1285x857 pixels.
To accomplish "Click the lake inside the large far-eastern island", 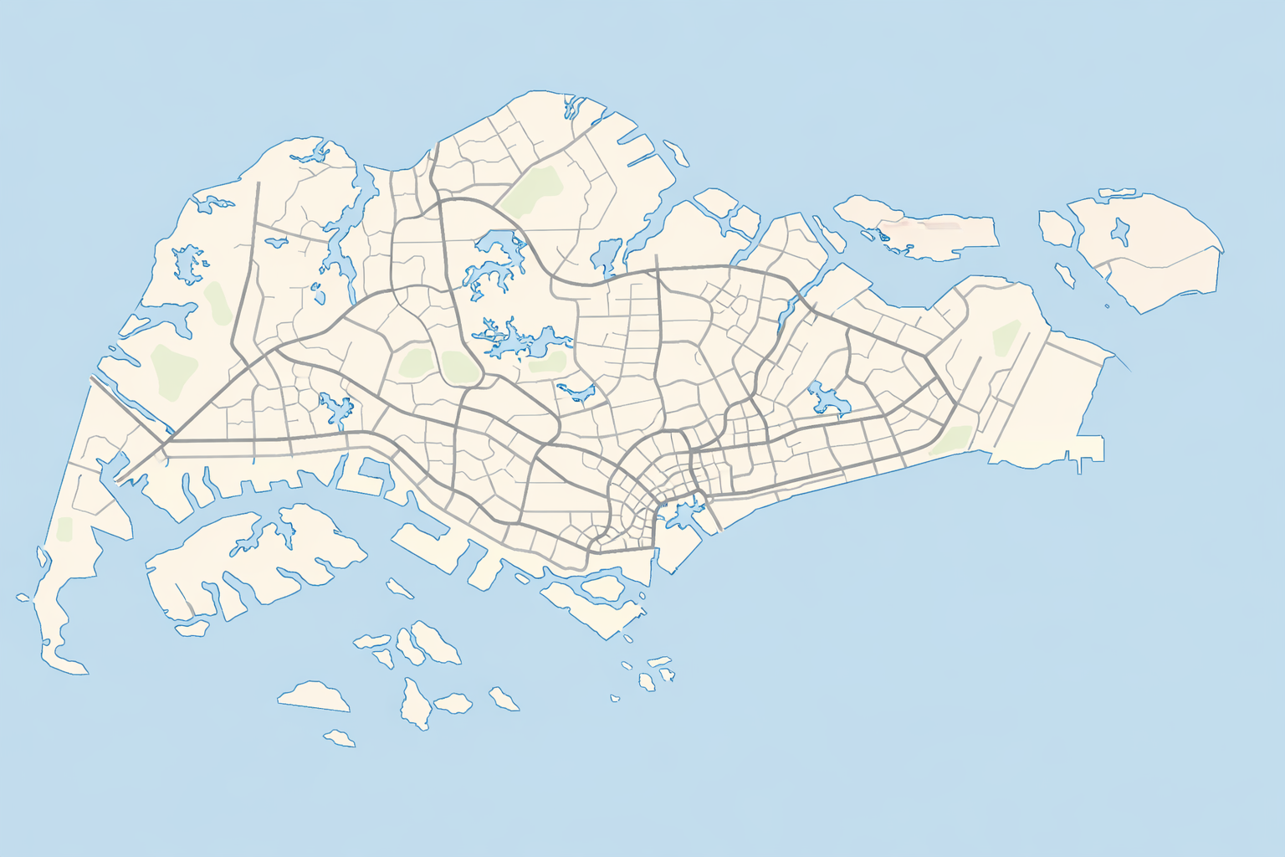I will point(1120,230).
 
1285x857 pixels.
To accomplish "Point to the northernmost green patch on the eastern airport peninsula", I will point(1006,337).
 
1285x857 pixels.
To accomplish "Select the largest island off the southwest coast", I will point(251,561).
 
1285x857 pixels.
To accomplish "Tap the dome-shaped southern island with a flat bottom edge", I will point(314,697).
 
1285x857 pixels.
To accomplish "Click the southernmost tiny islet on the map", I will point(340,738).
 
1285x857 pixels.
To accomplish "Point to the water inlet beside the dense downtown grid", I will point(682,512).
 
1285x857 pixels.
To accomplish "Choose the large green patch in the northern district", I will point(532,191).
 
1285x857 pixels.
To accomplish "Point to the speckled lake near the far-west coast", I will point(190,264).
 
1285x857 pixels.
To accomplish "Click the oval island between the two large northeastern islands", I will point(1056,228).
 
